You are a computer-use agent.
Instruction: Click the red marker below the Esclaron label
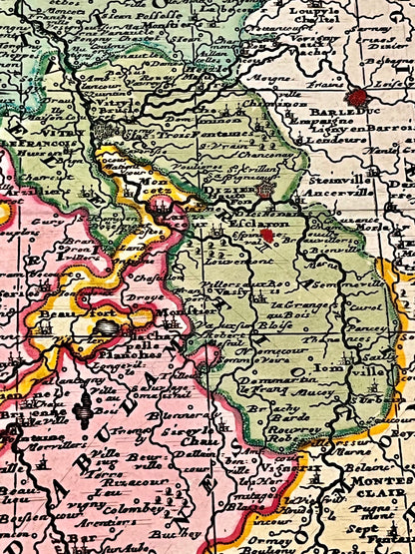point(267,237)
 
